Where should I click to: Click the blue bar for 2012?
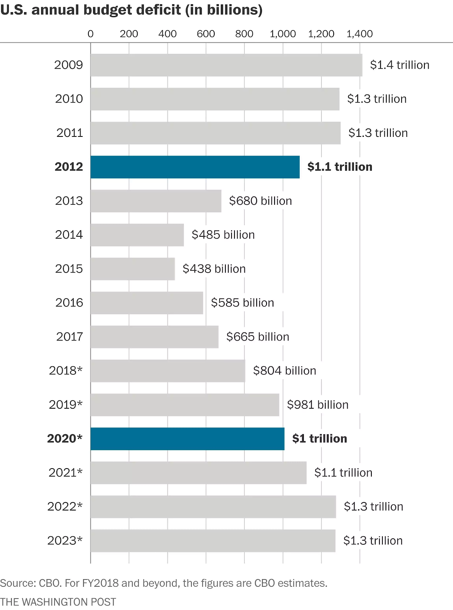click(195, 167)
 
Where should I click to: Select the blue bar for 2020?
click(187, 439)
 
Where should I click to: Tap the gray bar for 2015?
click(133, 269)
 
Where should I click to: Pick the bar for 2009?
click(226, 65)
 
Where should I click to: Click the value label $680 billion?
click(260, 201)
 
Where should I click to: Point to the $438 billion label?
click(214, 269)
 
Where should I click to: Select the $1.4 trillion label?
click(400, 65)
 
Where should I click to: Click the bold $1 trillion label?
click(320, 439)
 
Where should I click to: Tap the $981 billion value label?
click(318, 405)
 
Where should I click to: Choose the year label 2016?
click(69, 303)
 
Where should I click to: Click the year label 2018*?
click(66, 371)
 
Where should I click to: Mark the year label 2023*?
click(65, 541)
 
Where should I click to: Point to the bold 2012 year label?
click(69, 167)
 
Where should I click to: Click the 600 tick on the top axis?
click(206, 34)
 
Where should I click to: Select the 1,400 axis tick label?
click(359, 34)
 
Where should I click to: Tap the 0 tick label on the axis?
click(90, 34)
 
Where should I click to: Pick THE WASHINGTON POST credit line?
click(58, 602)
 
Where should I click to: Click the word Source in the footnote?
click(17, 583)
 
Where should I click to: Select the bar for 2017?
click(154, 337)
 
